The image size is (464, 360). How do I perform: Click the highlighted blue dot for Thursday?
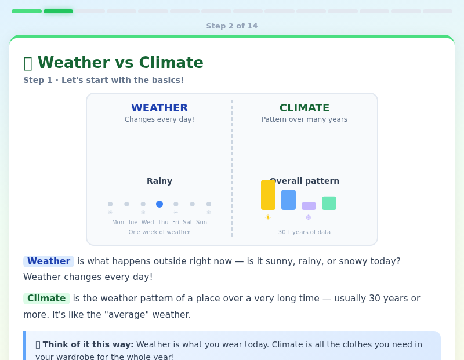[159, 204]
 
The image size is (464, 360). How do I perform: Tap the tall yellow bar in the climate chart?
[268, 195]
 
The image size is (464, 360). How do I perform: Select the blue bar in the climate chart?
[288, 199]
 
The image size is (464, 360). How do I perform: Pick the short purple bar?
[309, 206]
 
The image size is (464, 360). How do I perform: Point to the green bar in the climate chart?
[329, 203]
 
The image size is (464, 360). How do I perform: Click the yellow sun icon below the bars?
[268, 217]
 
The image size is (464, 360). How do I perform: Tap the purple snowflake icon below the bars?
[309, 217]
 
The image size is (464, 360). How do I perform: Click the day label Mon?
[118, 222]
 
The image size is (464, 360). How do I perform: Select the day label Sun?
[201, 222]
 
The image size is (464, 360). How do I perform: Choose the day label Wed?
[148, 222]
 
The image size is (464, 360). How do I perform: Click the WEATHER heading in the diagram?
[159, 108]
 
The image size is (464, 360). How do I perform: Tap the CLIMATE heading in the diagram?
[304, 108]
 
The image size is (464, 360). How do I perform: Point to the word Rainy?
[159, 181]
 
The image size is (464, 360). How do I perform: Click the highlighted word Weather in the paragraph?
[49, 261]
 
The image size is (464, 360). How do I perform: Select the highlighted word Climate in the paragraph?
[46, 299]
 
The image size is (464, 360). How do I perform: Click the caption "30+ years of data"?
[304, 232]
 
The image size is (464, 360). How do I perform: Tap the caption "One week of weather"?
[159, 232]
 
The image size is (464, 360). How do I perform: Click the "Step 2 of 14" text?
[232, 26]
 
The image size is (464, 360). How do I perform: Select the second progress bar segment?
[58, 11]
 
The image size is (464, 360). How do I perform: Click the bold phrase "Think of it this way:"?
[88, 344]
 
